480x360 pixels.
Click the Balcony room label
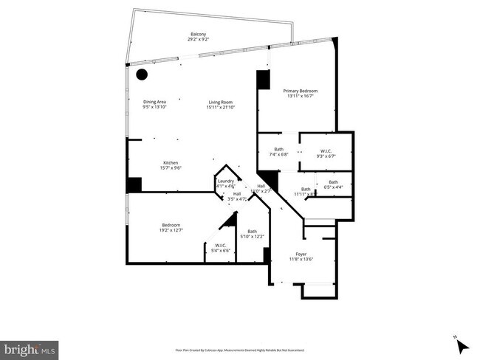pyautogui.click(x=198, y=35)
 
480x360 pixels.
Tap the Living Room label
pyautogui.click(x=221, y=102)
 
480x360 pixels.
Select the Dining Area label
pyautogui.click(x=154, y=102)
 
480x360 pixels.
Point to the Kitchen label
pyautogui.click(x=171, y=162)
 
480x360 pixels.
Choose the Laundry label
pyautogui.click(x=226, y=181)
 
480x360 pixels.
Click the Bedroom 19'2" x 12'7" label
pyautogui.click(x=171, y=225)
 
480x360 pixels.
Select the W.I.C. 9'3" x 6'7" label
pyautogui.click(x=326, y=150)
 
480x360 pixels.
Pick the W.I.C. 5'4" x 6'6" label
pyautogui.click(x=220, y=245)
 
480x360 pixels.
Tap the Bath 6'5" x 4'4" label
pyautogui.click(x=333, y=182)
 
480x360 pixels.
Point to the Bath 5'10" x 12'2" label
pyautogui.click(x=252, y=232)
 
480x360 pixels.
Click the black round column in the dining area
pyautogui.click(x=142, y=75)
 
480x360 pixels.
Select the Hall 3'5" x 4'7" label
pyautogui.click(x=236, y=196)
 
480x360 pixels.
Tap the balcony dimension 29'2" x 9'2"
pyautogui.click(x=198, y=41)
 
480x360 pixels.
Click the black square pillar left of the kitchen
pyautogui.click(x=134, y=184)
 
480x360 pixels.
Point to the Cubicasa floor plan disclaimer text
pyautogui.click(x=239, y=350)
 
